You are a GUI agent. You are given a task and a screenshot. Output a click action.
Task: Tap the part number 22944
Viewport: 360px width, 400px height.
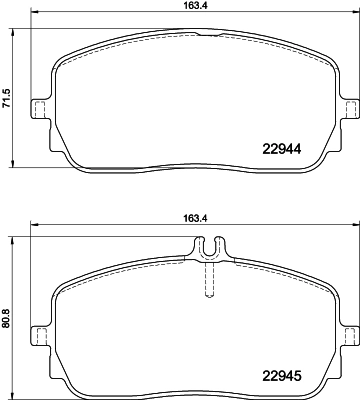[288, 150]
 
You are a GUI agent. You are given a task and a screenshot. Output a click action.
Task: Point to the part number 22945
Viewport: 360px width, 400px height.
[288, 376]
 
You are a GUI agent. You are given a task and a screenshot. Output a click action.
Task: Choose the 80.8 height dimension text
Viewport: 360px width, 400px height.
[8, 309]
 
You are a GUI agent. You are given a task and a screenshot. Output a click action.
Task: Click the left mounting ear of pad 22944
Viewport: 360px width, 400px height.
[40, 108]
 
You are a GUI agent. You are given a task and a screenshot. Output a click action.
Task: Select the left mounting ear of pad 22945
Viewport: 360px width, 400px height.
[40, 334]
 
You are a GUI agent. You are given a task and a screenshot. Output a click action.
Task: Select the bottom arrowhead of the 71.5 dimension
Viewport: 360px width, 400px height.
[13, 165]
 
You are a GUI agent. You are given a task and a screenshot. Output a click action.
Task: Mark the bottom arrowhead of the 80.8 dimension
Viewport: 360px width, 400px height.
[13, 391]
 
